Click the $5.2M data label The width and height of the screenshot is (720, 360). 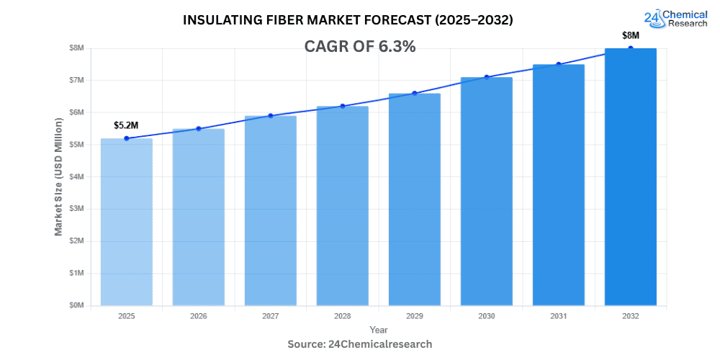(x=126, y=125)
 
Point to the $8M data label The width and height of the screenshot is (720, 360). (x=631, y=35)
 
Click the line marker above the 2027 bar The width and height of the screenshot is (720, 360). (x=271, y=115)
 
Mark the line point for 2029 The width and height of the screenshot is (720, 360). (x=415, y=93)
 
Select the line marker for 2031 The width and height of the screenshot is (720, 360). (x=559, y=64)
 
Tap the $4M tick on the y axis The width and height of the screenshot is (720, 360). (x=76, y=176)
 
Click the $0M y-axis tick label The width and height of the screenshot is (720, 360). (x=76, y=305)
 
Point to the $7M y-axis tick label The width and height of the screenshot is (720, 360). (x=76, y=80)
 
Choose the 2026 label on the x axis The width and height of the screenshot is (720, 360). (x=199, y=316)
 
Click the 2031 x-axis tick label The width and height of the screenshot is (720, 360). (x=559, y=316)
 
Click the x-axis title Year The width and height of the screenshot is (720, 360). (x=378, y=330)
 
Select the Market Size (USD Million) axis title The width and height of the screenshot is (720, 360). (x=58, y=176)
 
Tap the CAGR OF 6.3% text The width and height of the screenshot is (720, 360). (x=361, y=47)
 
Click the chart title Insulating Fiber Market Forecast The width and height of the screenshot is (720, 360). (x=348, y=20)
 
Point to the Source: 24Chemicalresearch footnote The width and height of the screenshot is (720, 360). (x=360, y=344)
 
